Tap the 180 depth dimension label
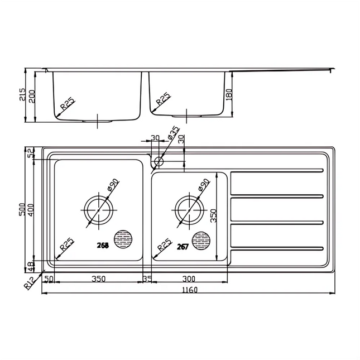click(228, 95)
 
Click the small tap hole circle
click(159, 162)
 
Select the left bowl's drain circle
click(99, 210)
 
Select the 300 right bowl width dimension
click(190, 278)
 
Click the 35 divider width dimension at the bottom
click(147, 278)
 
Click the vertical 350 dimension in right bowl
click(213, 216)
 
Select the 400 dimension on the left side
click(31, 210)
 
